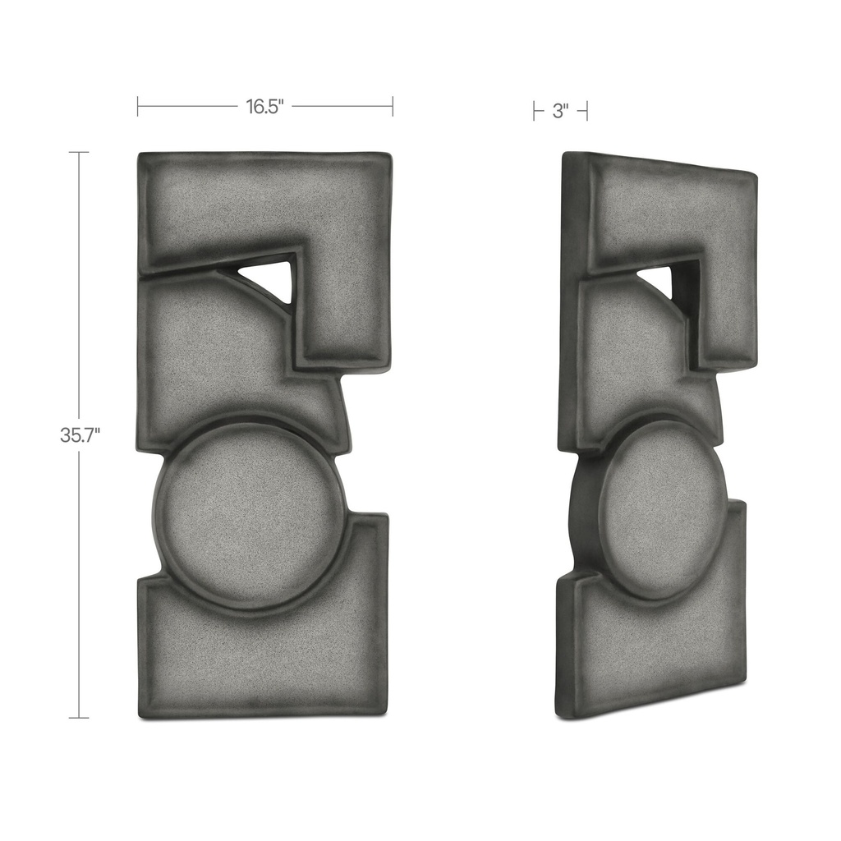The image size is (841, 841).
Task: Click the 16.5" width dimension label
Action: click(264, 107)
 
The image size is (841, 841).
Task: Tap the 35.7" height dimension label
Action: click(80, 435)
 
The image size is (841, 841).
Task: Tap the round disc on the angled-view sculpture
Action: click(663, 509)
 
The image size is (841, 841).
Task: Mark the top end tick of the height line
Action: click(79, 153)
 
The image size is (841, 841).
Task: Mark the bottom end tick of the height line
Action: click(79, 718)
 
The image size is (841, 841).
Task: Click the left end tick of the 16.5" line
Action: click(138, 106)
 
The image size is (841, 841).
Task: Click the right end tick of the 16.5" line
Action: click(393, 106)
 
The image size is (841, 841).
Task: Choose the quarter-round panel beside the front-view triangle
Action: click(214, 345)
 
